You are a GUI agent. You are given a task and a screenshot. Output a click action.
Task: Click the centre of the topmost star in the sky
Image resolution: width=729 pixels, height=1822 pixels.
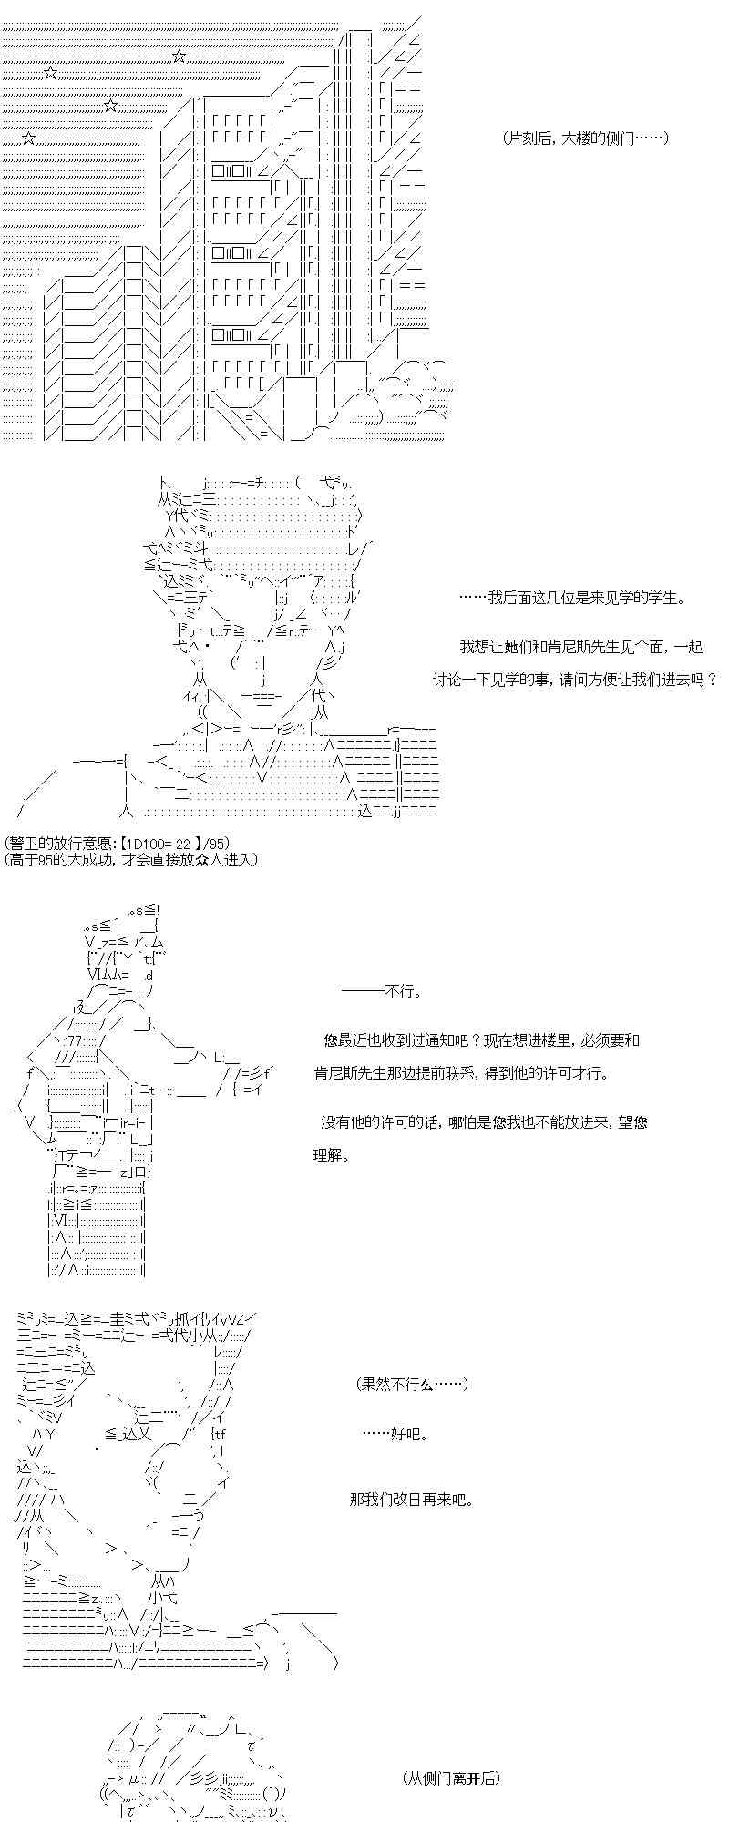[180, 56]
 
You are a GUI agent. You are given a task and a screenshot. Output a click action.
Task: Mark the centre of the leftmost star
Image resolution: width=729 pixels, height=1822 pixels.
[28, 138]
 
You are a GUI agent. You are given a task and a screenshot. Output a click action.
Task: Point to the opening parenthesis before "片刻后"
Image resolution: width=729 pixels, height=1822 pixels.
[505, 138]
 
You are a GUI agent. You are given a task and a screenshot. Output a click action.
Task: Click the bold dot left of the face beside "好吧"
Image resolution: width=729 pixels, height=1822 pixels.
[96, 1448]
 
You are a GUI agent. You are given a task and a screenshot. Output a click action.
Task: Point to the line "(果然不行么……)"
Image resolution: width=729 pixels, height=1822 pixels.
[413, 1384]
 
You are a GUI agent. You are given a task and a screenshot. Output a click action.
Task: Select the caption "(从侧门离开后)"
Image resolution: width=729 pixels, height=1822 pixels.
[450, 1777]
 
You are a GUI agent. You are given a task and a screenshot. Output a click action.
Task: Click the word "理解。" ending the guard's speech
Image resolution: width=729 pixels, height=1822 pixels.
[332, 1155]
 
